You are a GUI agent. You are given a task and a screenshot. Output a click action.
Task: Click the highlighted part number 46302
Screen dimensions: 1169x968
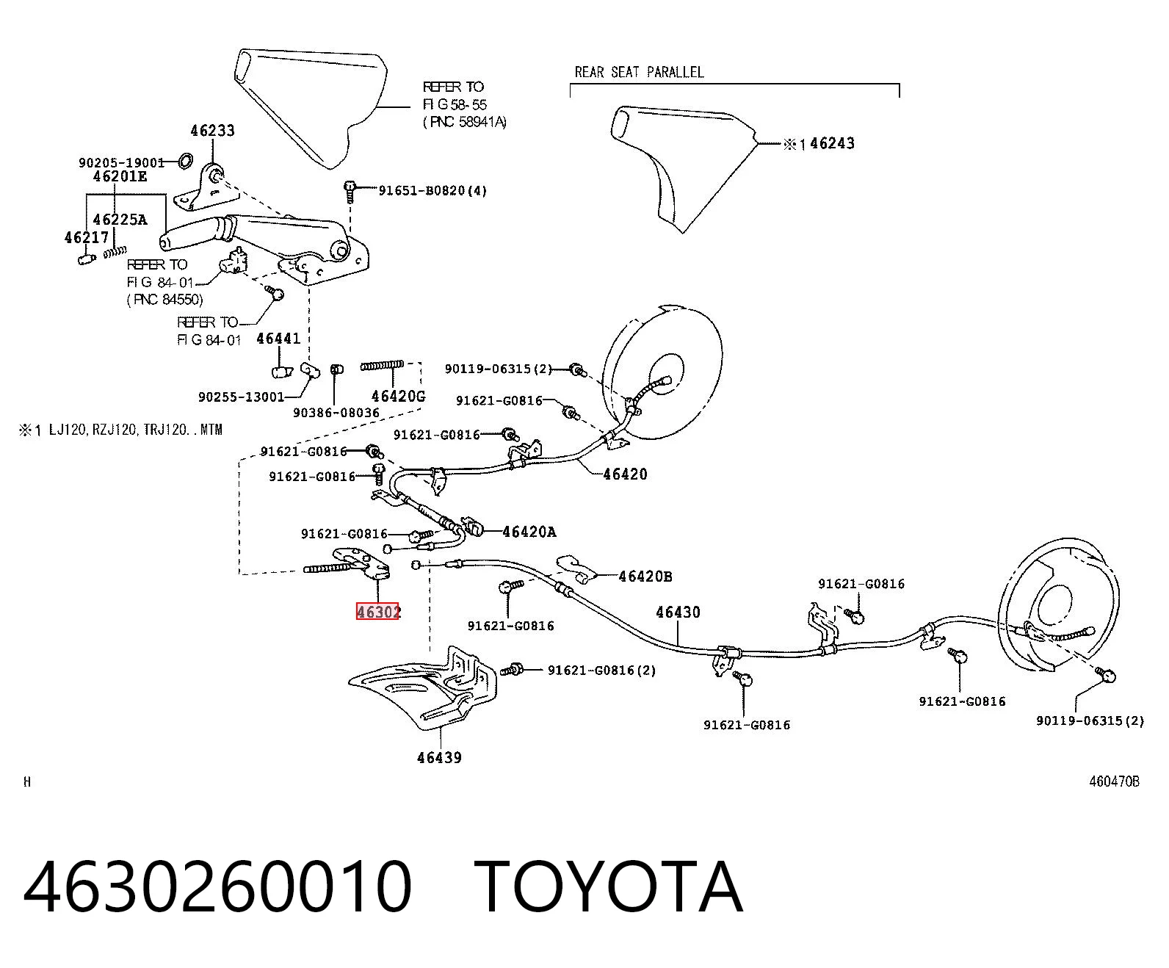pos(378,612)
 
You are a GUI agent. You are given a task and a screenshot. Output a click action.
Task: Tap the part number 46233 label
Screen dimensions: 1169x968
pos(212,131)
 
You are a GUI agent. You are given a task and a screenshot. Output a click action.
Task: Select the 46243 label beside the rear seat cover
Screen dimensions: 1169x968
pos(832,143)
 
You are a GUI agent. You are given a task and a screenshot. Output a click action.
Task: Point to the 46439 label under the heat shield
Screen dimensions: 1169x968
pos(440,758)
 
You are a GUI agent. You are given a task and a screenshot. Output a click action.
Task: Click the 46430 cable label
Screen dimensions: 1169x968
pos(678,613)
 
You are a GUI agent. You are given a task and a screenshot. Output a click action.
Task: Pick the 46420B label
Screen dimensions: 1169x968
pos(645,576)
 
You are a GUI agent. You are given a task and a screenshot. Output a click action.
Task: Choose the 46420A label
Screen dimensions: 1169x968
pos(529,532)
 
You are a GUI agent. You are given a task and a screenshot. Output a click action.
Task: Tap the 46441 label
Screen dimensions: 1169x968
pos(278,339)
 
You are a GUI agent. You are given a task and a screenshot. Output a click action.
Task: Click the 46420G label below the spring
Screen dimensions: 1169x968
pos(398,397)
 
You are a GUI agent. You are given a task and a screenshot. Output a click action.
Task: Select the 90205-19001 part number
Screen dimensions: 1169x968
pos(121,162)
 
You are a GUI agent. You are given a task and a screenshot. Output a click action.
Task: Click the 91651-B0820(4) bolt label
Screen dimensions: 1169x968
pos(433,190)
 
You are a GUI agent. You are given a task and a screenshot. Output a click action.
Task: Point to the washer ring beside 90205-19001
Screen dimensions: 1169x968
pos(185,161)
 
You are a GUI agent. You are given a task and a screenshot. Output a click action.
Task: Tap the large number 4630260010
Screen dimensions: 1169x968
pos(217,887)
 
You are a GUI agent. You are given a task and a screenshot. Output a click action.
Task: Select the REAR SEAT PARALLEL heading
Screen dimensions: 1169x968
pos(639,72)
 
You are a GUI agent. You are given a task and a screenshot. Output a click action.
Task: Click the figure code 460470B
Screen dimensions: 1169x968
pos(1114,781)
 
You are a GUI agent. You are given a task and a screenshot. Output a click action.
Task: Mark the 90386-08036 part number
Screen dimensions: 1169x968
pos(336,413)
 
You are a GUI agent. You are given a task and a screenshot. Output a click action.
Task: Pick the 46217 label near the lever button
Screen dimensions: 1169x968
pos(86,237)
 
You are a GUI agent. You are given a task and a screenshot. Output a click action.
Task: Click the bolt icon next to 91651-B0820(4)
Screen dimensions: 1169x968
pos(350,190)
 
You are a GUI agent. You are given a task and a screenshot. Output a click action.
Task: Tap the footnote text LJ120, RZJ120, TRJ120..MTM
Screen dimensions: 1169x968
pos(136,430)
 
